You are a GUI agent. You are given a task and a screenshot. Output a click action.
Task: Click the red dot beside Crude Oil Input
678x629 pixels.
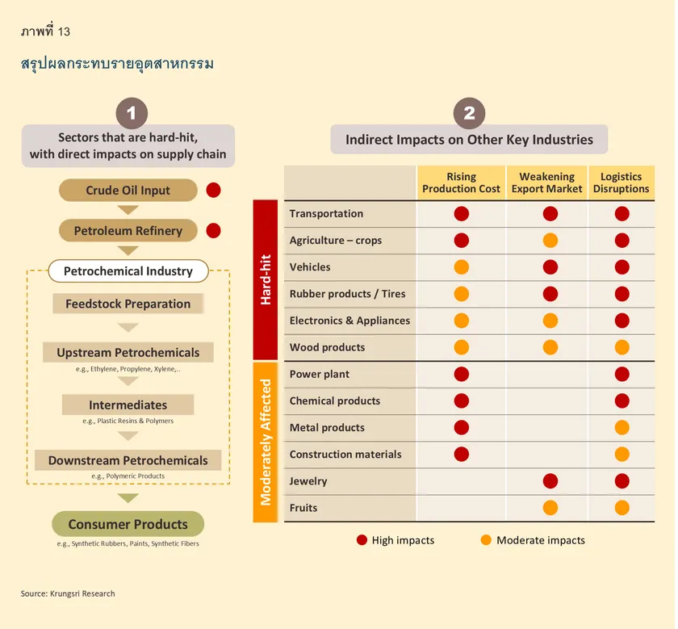[x=213, y=191]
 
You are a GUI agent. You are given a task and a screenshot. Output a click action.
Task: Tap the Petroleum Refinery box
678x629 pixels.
[x=128, y=231]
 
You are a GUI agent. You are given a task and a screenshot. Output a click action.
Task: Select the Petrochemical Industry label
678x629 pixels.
[x=128, y=271]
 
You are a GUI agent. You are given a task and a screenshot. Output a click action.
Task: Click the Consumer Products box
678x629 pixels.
[x=128, y=524]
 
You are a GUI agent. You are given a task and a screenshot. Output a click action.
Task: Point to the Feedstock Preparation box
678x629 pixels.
[x=128, y=304]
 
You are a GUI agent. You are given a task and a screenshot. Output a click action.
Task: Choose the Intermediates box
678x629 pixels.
[x=128, y=405]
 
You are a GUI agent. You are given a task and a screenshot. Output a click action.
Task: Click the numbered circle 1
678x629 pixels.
[x=132, y=112]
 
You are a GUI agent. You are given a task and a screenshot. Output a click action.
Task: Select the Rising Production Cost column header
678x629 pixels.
[x=461, y=182]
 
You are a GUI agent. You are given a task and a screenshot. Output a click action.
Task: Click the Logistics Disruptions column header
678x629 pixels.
[x=621, y=182]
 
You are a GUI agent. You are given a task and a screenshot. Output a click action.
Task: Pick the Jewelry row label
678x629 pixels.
[x=308, y=481]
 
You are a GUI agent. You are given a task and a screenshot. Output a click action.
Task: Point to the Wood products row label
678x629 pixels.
[x=327, y=347]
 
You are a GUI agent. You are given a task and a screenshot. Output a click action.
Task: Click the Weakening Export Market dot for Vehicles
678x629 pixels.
[x=550, y=267]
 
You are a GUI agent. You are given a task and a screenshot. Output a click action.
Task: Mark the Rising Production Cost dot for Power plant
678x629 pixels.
[x=462, y=374]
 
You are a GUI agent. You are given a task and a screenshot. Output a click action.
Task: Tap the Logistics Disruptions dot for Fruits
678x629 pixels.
[x=621, y=508]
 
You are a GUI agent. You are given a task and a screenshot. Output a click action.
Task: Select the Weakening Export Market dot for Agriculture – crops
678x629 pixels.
[x=550, y=241]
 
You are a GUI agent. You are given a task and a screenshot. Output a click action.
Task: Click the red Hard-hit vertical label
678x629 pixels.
[x=266, y=280]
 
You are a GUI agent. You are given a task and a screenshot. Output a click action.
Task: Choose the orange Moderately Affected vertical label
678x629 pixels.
[x=266, y=441]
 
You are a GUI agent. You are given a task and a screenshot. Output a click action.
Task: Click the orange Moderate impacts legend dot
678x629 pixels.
[x=485, y=540]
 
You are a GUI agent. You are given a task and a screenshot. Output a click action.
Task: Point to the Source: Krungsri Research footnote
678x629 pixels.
[x=68, y=593]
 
